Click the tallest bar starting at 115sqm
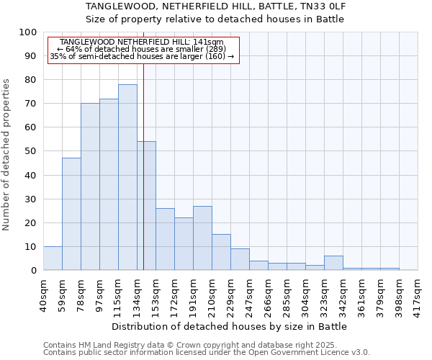coord(127,177)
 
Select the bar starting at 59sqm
coord(71,214)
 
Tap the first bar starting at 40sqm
coord(53,258)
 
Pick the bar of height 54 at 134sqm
coord(146,206)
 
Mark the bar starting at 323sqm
coord(333,263)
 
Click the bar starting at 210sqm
coord(221,252)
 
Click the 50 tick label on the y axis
coord(31,151)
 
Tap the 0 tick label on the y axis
coord(34,270)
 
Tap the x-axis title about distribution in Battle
coord(230,326)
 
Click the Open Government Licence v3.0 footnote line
coord(207,352)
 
